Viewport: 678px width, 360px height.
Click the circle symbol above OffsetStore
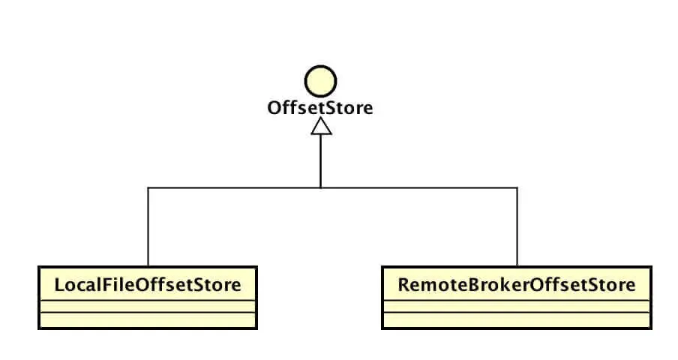coord(320,81)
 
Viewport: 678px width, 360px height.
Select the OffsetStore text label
coord(320,108)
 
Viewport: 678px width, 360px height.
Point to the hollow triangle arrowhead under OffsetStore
coord(320,127)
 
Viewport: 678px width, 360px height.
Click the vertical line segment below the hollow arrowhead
coord(320,161)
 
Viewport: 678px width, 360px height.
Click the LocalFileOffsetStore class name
coord(148,285)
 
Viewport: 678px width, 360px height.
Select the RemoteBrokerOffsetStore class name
coord(517,285)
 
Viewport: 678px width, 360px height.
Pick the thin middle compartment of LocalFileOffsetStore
coord(148,306)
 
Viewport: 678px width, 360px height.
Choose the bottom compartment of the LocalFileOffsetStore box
coord(148,320)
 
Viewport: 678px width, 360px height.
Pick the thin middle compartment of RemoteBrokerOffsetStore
coord(517,306)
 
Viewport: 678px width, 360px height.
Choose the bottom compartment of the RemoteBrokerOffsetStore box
coord(517,320)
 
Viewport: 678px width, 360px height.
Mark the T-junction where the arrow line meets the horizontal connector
coord(320,187)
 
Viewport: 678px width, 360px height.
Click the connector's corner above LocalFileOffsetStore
coord(148,187)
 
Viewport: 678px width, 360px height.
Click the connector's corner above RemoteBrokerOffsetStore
coord(517,187)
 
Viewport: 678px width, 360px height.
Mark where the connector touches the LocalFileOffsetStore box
coord(148,266)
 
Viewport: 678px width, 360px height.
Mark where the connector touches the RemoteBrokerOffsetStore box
coord(517,266)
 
